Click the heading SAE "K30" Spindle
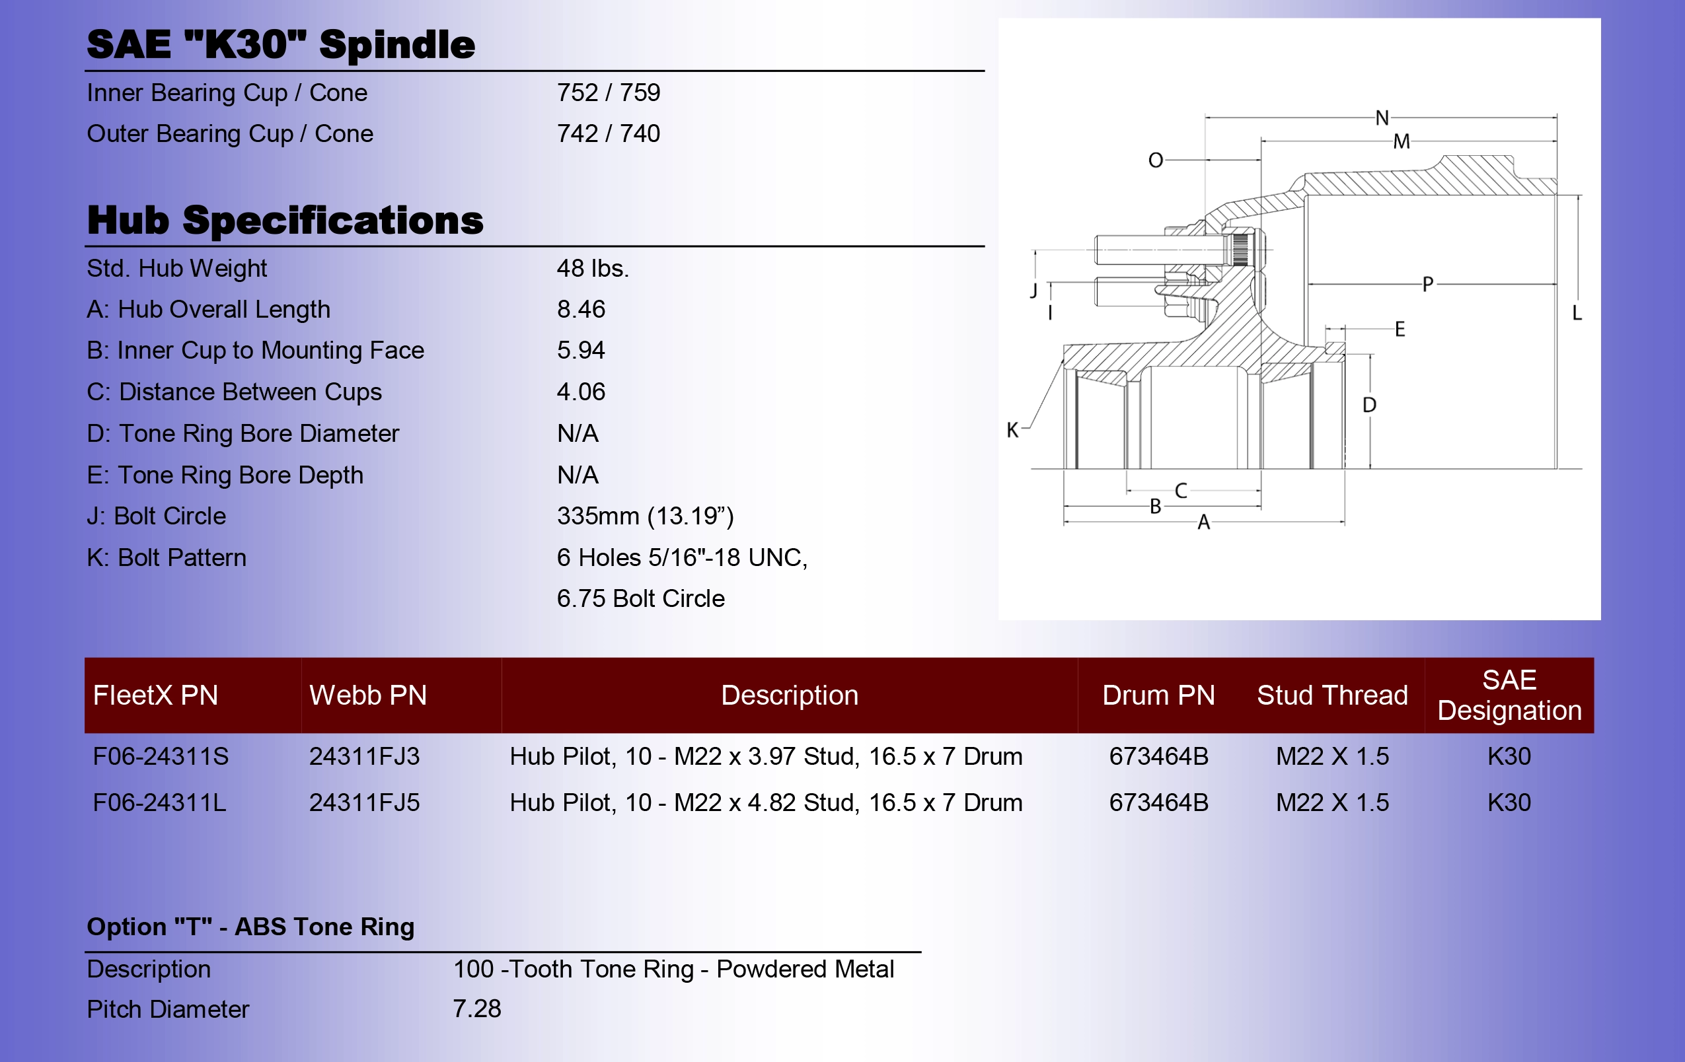(281, 44)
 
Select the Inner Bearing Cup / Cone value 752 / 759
(608, 92)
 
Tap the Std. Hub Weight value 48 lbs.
(593, 268)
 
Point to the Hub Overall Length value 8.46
(581, 309)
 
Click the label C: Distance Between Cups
(235, 392)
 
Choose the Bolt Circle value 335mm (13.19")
(645, 516)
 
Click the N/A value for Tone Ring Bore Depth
(578, 475)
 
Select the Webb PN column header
(368, 695)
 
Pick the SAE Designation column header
(1509, 695)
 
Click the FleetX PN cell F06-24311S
(161, 756)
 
